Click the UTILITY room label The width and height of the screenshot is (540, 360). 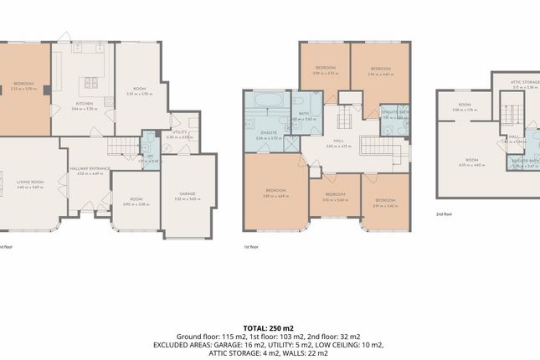tap(180, 132)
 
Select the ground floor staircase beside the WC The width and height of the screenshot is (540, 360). tap(125, 148)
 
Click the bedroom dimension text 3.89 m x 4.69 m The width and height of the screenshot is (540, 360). tap(265, 197)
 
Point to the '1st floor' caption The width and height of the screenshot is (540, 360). tap(252, 248)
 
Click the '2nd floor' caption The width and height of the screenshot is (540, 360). tap(444, 214)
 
